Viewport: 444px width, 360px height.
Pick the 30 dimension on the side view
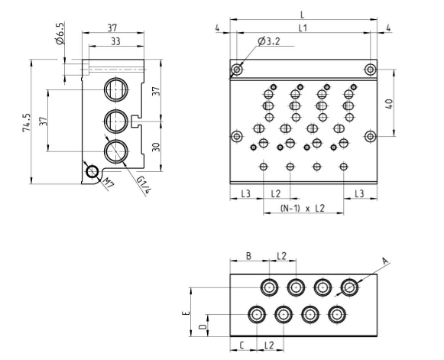click(x=156, y=145)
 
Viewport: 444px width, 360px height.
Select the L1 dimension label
click(x=303, y=28)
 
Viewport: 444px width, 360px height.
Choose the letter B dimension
click(x=249, y=256)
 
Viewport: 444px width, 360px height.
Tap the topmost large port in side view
click(x=117, y=88)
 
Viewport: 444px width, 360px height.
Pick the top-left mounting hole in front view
click(x=237, y=70)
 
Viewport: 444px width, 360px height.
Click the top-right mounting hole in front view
click(x=370, y=70)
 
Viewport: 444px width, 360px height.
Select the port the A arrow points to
click(x=349, y=288)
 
